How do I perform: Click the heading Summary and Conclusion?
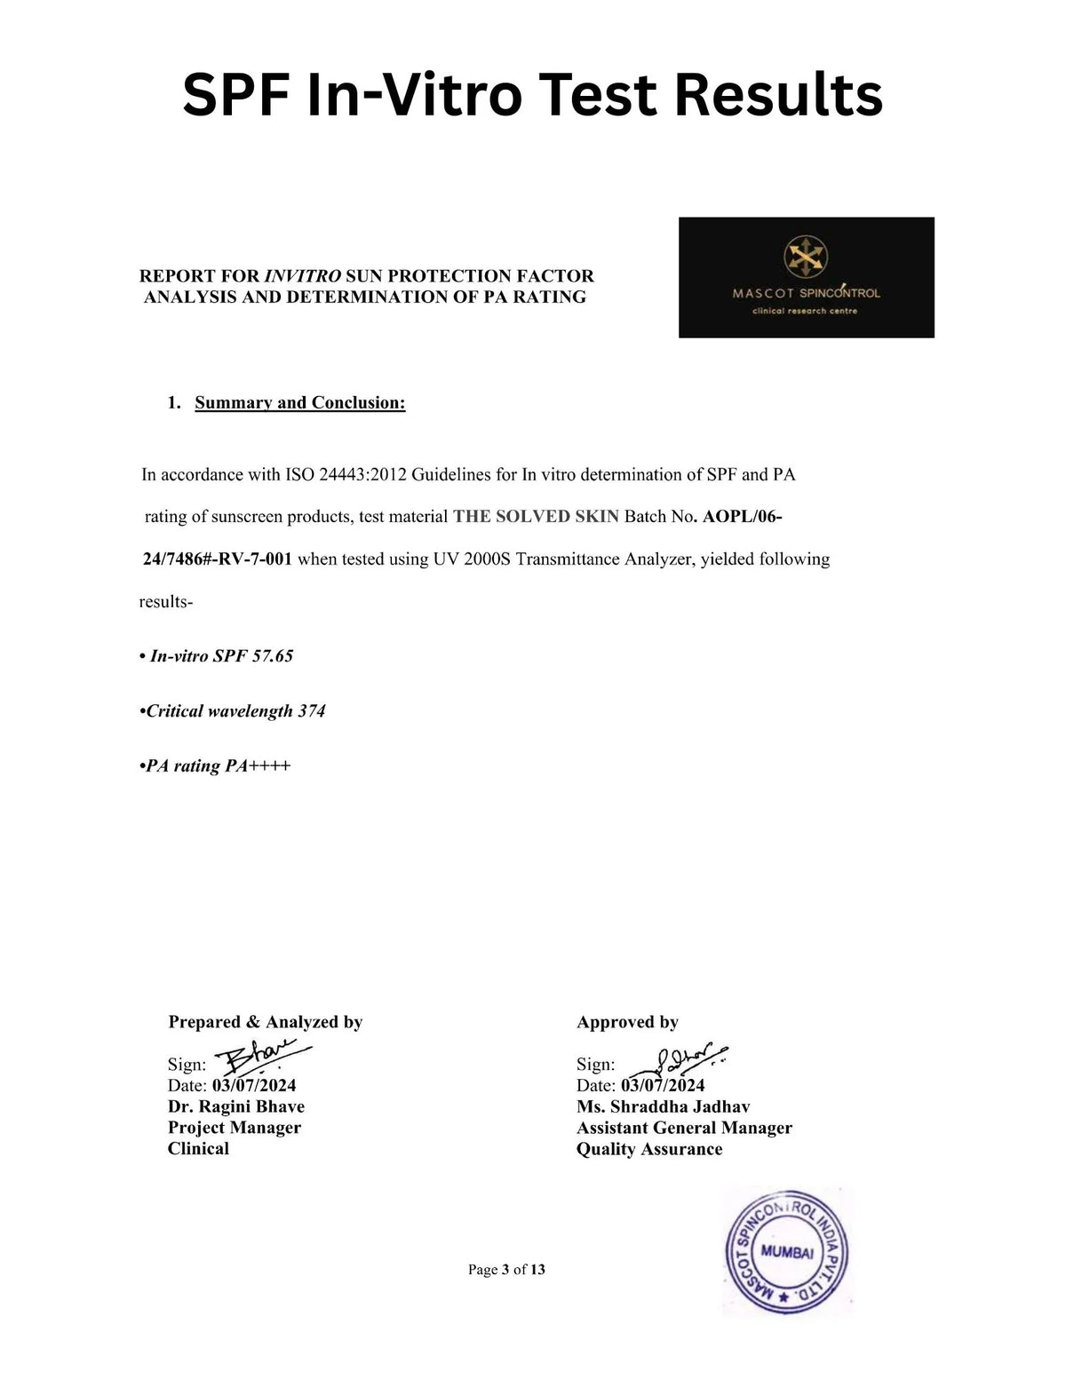[300, 402]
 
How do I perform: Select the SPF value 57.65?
[273, 656]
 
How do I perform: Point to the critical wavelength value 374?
[312, 711]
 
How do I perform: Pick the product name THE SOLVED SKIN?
[536, 517]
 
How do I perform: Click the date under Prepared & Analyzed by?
[254, 1085]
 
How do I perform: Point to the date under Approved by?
[663, 1085]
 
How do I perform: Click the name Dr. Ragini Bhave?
[236, 1106]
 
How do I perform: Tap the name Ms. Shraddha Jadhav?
[663, 1106]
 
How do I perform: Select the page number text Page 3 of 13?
[506, 1270]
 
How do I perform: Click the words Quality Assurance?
[649, 1149]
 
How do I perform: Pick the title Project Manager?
[235, 1128]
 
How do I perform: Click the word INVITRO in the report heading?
[303, 276]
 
